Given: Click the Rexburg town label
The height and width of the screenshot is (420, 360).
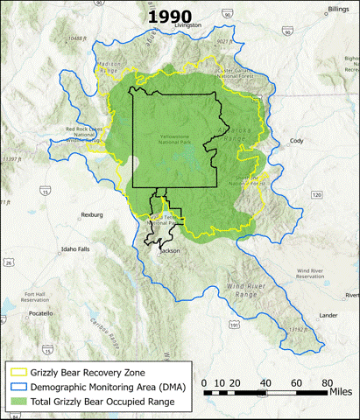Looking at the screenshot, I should [91, 213].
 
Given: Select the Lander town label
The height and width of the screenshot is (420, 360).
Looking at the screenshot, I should [329, 314].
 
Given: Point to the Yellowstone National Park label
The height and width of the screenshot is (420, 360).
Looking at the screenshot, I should [182, 138].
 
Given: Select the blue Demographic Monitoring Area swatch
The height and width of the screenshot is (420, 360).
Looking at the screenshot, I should [17, 388].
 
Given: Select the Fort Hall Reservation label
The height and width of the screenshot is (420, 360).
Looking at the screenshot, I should [37, 298].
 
